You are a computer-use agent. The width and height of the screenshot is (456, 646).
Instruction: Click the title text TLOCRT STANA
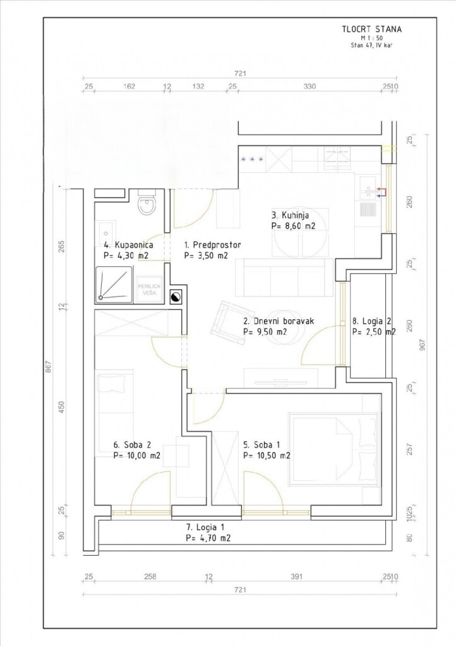tap(371, 29)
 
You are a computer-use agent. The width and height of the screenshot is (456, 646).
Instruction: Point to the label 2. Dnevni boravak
tap(279, 321)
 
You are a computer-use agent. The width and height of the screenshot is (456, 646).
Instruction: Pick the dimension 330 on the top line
tap(309, 86)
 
